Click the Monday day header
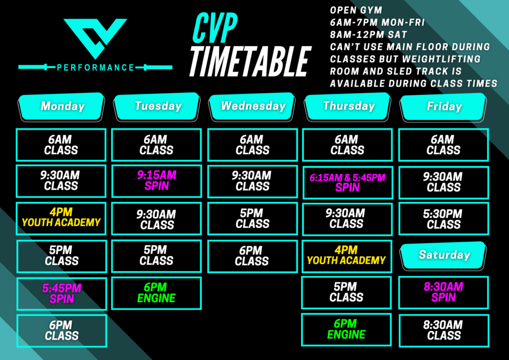click(x=61, y=107)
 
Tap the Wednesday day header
click(x=252, y=106)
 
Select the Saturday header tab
click(x=443, y=255)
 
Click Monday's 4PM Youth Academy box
click(x=61, y=218)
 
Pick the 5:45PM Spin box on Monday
click(x=62, y=294)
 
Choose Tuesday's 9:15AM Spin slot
click(x=157, y=181)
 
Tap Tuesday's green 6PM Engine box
click(x=157, y=293)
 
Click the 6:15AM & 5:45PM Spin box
click(x=347, y=182)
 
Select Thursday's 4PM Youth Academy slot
click(x=346, y=256)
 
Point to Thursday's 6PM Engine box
click(x=346, y=330)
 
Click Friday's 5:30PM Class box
click(x=444, y=218)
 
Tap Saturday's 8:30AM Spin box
click(x=443, y=292)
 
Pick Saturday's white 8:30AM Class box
click(x=444, y=330)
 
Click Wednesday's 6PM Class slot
click(x=253, y=256)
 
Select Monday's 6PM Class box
click(x=62, y=331)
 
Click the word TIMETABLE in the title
click(x=250, y=61)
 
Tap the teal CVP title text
click(x=215, y=28)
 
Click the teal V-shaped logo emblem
click(x=95, y=37)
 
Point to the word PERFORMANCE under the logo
click(x=95, y=68)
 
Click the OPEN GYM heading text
click(x=356, y=10)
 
